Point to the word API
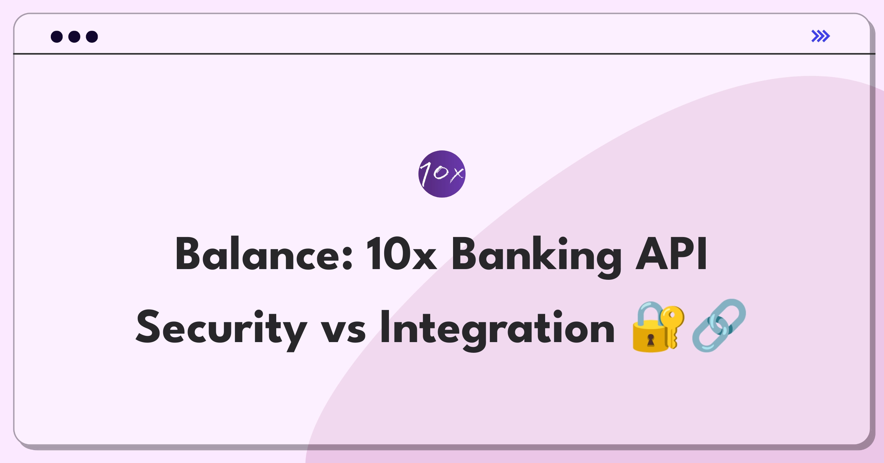click(671, 254)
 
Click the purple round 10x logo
click(442, 174)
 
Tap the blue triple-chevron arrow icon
click(821, 36)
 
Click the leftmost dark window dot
click(57, 37)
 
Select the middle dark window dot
click(74, 37)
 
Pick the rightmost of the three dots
click(92, 37)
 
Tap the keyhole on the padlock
click(651, 340)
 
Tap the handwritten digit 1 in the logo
click(425, 173)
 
